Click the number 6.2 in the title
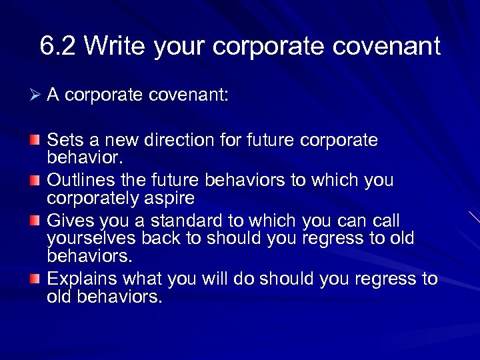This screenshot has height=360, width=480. tap(58, 47)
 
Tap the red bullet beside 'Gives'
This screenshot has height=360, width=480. tap(35, 221)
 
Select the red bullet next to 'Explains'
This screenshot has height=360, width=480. tap(35, 279)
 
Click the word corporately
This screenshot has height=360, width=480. tap(98, 198)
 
